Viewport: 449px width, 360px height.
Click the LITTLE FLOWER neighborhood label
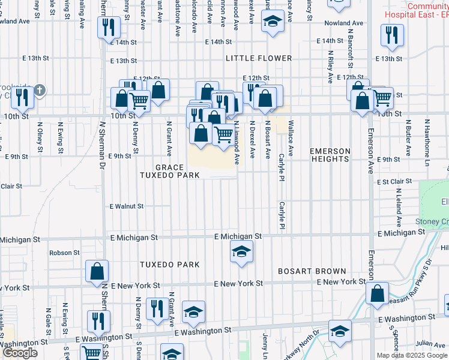pyautogui.click(x=259, y=58)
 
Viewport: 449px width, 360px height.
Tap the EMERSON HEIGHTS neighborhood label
pyautogui.click(x=330, y=154)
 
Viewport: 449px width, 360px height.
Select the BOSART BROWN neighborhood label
pyautogui.click(x=312, y=271)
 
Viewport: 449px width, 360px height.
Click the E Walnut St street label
pyautogui.click(x=126, y=206)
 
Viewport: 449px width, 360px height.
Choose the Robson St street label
pyautogui.click(x=64, y=253)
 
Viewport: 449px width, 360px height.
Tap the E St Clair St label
pyautogui.click(x=394, y=181)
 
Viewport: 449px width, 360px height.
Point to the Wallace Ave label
pyautogui.click(x=291, y=138)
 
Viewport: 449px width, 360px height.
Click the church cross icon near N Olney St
pyautogui.click(x=40, y=91)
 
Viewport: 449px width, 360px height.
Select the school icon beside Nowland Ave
pyautogui.click(x=273, y=23)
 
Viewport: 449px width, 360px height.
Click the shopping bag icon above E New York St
pyautogui.click(x=97, y=271)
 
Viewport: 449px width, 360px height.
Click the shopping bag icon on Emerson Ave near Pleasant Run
pyautogui.click(x=378, y=293)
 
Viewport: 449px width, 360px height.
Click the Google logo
pyautogui.click(x=20, y=353)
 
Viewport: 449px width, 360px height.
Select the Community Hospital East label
pyautogui.click(x=427, y=10)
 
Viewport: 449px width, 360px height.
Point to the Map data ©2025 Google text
pyautogui.click(x=411, y=355)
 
